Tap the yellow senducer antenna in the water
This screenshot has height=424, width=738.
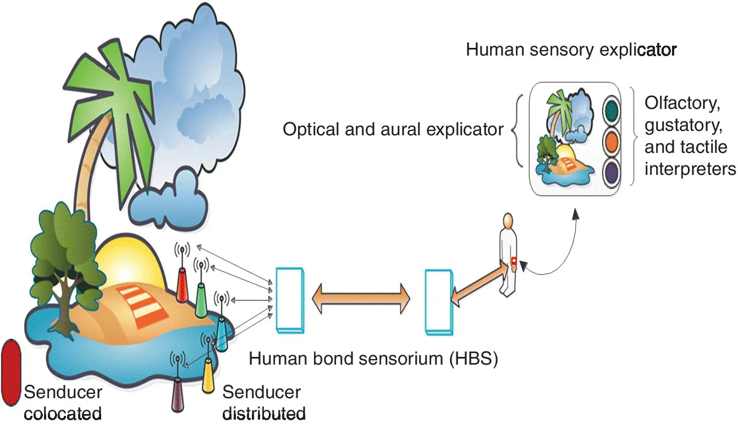[x=207, y=375]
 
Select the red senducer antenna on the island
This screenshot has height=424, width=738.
[x=182, y=285]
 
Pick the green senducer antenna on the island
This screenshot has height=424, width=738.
[x=201, y=300]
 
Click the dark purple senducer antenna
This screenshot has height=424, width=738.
[x=178, y=395]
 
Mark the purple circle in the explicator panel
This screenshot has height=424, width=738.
[x=612, y=172]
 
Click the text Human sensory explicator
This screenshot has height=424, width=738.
[x=571, y=50]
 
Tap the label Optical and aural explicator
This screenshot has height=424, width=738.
[x=393, y=130]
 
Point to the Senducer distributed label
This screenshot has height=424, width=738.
[x=263, y=403]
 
